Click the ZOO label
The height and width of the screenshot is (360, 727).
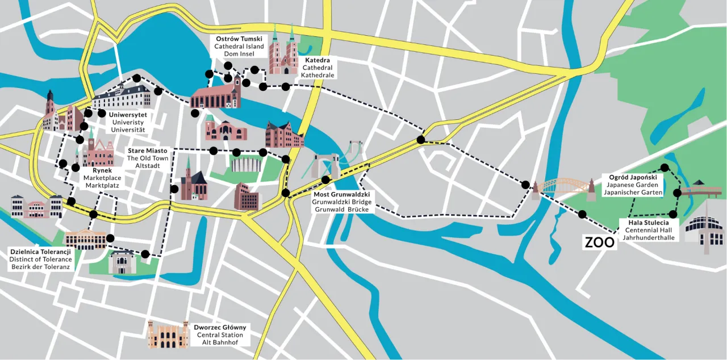pyautogui.click(x=600, y=242)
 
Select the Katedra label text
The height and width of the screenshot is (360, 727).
pyautogui.click(x=317, y=60)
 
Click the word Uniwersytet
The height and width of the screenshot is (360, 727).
pyautogui.click(x=128, y=114)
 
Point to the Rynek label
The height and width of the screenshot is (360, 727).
pyautogui.click(x=102, y=170)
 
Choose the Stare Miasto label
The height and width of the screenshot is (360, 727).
pyautogui.click(x=148, y=150)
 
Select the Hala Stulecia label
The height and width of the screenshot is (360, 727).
pyautogui.click(x=648, y=223)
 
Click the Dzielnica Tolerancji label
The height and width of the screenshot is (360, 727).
pyautogui.click(x=40, y=252)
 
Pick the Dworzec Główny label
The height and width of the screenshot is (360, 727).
pyautogui.click(x=220, y=328)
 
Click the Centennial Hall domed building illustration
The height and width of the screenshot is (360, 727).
pyautogui.click(x=704, y=229)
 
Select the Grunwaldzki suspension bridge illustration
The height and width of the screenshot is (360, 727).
pyautogui.click(x=335, y=162)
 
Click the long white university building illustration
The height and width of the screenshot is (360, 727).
pyautogui.click(x=122, y=96)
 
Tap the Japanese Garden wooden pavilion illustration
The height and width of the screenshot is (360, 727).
pyautogui.click(x=701, y=190)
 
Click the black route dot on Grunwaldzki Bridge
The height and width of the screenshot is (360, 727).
pyautogui.click(x=325, y=180)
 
